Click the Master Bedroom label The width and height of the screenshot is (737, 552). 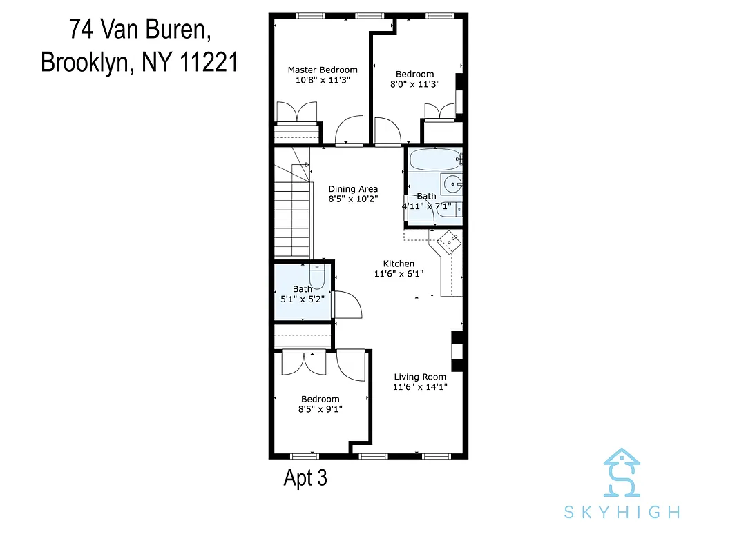pos(323,70)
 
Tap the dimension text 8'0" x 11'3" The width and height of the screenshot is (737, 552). pos(414,84)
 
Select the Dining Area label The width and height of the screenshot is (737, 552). pos(353,189)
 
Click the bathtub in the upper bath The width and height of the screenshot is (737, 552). pos(434,160)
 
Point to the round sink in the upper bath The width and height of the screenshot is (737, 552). pos(452,184)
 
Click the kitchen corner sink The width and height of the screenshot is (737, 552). pos(448,241)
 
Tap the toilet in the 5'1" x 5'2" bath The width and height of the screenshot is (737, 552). pos(317,274)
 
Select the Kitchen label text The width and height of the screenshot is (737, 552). pos(399,264)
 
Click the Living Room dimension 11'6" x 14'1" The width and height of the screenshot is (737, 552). pos(420,387)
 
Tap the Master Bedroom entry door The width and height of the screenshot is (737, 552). pos(349,130)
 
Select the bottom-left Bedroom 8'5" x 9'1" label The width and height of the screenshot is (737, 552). pos(320,399)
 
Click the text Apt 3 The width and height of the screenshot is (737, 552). pos(305,478)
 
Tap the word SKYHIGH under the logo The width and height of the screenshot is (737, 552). pos(621,512)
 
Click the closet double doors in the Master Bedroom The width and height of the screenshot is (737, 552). pos(296,112)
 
